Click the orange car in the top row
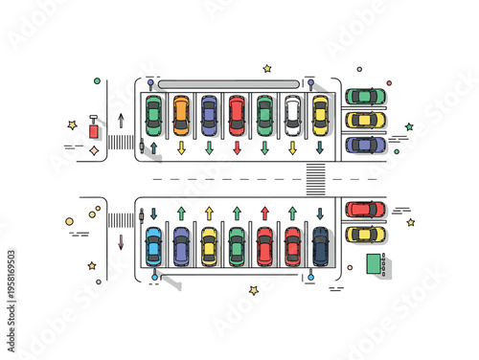point(181,115)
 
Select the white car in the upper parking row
point(292,115)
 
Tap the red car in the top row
point(237,115)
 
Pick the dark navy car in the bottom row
point(320,245)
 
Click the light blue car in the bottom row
point(153,245)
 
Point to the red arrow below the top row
point(237,148)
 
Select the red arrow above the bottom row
point(264,213)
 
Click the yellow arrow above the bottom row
point(209,213)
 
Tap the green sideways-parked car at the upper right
point(365,96)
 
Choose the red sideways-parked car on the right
point(365,209)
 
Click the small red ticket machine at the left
point(94,128)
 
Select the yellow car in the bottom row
point(209,246)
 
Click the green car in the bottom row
point(237,246)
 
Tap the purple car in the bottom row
point(181,246)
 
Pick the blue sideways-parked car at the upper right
point(365,145)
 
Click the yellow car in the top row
point(320,115)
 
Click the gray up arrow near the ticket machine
point(121,121)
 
